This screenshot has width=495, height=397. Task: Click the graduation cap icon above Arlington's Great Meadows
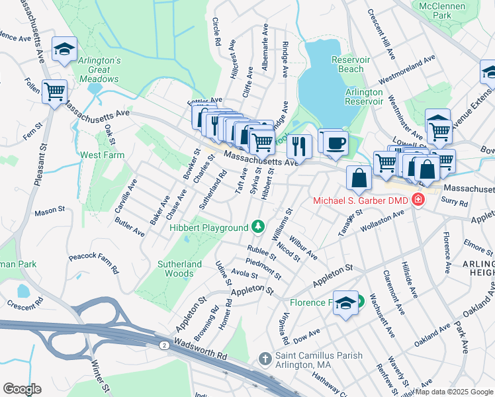(65, 49)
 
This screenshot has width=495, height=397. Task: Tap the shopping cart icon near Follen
(54, 91)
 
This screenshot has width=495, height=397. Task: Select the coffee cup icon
(336, 142)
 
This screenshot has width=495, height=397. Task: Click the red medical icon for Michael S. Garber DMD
(418, 199)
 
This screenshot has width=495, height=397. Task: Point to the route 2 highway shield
(163, 345)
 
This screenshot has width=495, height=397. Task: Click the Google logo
(21, 389)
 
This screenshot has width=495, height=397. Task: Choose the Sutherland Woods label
(179, 269)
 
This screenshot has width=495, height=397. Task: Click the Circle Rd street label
(216, 32)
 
